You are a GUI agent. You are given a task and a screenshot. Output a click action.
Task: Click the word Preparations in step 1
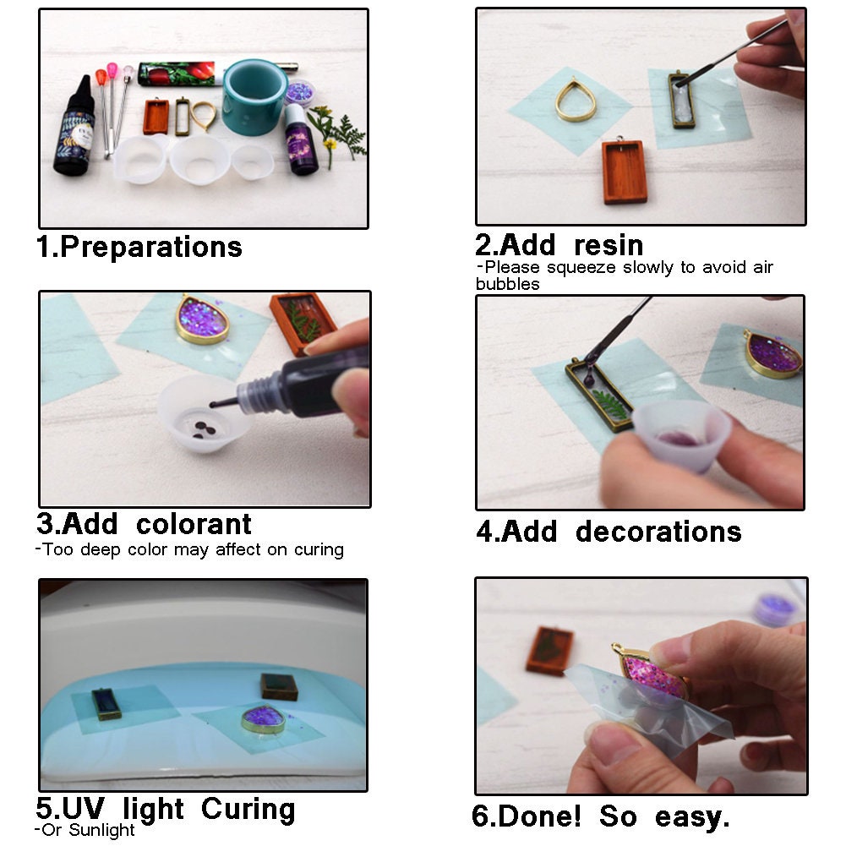point(151,247)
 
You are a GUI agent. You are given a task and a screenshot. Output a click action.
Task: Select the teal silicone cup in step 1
point(255,96)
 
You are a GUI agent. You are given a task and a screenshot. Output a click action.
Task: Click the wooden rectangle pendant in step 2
point(625,172)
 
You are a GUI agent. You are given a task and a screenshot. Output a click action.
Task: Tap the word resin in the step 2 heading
point(608,245)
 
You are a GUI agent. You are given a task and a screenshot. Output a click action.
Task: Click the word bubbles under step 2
point(507,284)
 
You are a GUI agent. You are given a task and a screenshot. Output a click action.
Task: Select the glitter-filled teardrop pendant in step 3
point(202,319)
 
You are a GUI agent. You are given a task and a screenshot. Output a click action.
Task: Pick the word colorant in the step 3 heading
point(194,524)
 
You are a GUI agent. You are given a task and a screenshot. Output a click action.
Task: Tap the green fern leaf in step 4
point(611,404)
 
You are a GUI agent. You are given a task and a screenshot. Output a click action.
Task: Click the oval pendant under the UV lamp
point(263,718)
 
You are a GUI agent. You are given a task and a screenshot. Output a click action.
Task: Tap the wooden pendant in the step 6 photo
point(550,650)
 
